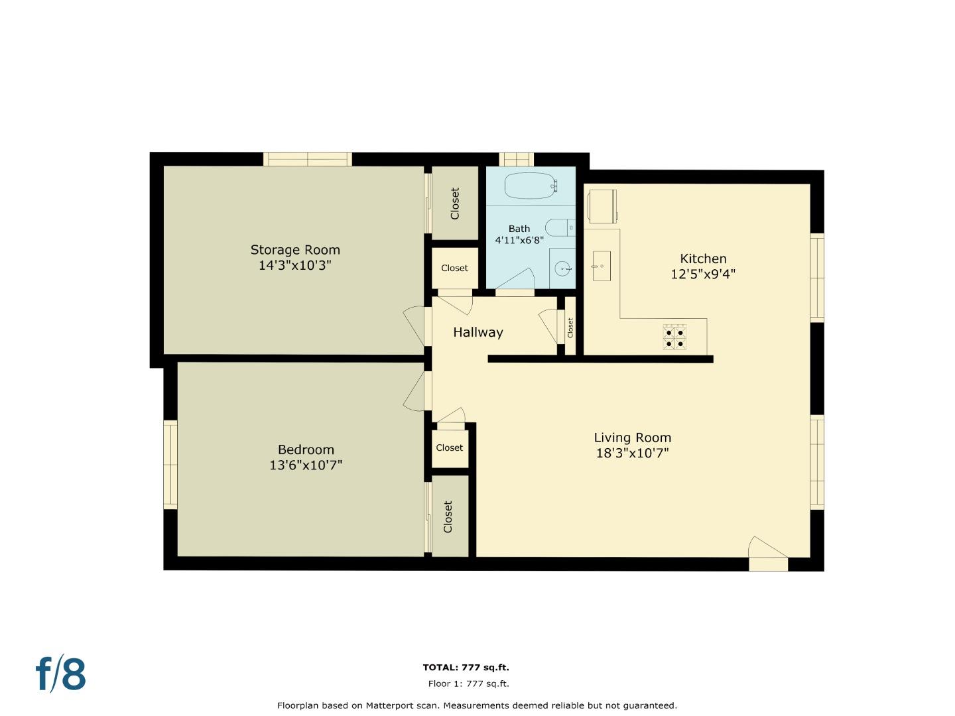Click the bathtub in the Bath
point(530,186)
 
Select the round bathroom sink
point(563,268)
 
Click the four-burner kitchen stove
point(674,337)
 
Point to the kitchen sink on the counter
point(602,266)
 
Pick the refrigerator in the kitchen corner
point(602,206)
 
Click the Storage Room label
point(295,250)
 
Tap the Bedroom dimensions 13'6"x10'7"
point(306,465)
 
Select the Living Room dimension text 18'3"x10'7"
point(632,453)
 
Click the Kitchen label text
point(703,259)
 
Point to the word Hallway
point(477,332)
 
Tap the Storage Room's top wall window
point(307,159)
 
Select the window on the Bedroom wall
point(170,464)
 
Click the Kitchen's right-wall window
point(817,278)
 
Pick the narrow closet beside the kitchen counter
point(570,327)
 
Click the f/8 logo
point(60,674)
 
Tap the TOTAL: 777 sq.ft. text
point(466,668)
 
